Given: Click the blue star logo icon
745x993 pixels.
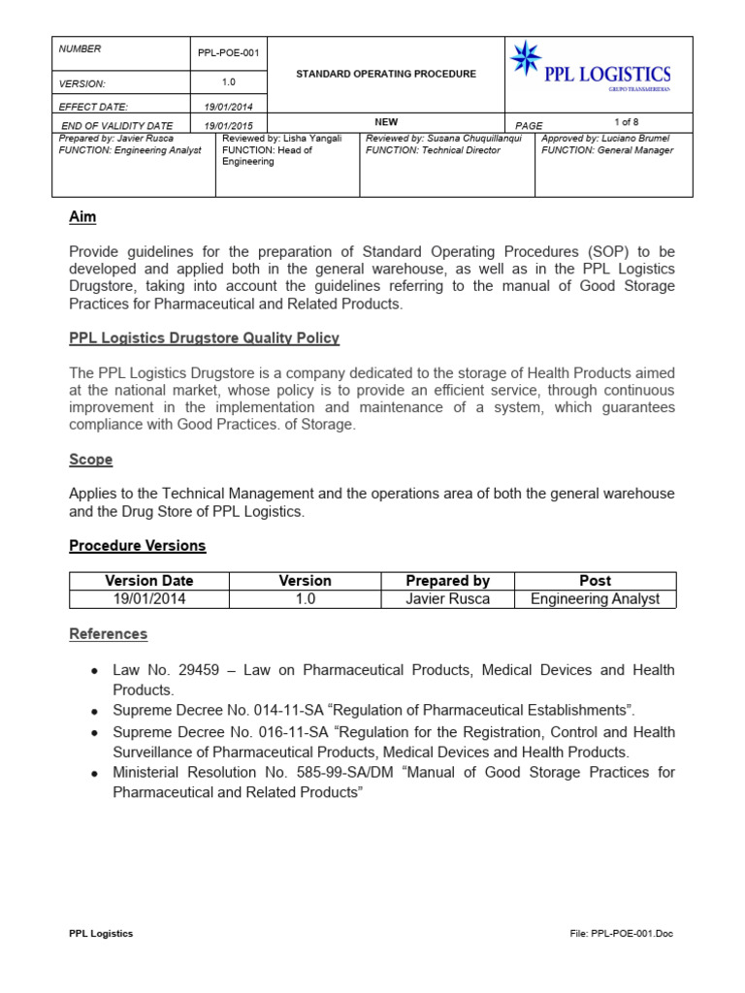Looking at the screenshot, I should click(x=526, y=59).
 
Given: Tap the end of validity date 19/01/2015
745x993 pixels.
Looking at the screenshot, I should click(x=230, y=126).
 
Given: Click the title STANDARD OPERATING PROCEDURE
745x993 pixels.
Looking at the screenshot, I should click(x=385, y=75).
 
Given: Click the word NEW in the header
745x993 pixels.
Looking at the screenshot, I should click(x=386, y=122).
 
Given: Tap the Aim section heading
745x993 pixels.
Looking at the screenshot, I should click(x=82, y=217).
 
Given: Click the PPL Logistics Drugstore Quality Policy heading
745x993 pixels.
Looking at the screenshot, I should click(x=204, y=338).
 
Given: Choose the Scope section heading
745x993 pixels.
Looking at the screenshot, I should click(x=90, y=460).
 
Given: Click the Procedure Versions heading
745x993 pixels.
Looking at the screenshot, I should click(x=137, y=546).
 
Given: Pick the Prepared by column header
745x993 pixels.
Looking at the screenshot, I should click(x=447, y=581).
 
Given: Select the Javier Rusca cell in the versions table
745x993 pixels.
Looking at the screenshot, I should click(x=447, y=599).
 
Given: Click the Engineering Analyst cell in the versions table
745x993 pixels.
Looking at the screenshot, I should click(x=595, y=599).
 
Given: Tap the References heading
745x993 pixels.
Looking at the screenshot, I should click(x=108, y=634).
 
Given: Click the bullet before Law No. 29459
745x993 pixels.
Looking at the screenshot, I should click(x=93, y=671).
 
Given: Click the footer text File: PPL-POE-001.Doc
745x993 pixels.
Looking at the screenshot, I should click(x=621, y=934).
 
